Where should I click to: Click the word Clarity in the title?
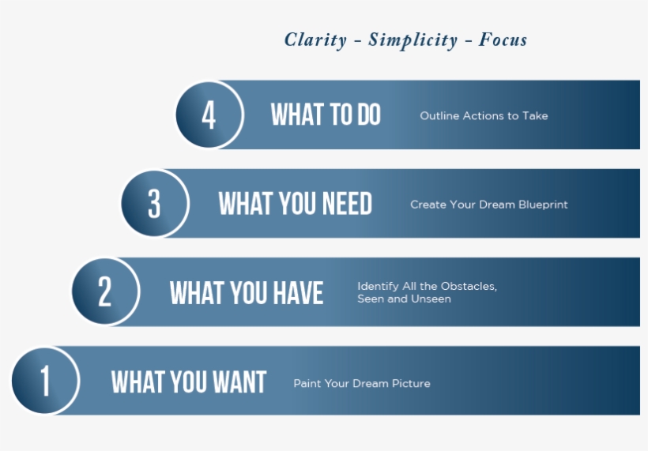tap(315, 40)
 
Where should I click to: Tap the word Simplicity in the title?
tap(413, 40)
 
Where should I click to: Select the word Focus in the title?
tap(503, 39)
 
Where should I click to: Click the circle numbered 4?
tap(209, 115)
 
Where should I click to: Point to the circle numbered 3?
tap(155, 203)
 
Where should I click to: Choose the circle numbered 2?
tap(105, 291)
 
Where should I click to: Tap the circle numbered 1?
tap(45, 381)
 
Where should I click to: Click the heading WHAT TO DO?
tap(326, 115)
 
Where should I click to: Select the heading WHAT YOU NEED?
tap(295, 203)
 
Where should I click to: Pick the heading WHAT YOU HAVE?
tap(247, 293)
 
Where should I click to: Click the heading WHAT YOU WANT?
tap(188, 381)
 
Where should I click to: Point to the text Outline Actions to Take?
tap(484, 115)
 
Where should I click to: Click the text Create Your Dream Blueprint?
tap(489, 205)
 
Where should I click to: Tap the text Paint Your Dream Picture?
tap(362, 383)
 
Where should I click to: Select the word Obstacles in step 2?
tap(469, 286)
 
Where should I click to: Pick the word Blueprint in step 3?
tap(543, 205)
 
